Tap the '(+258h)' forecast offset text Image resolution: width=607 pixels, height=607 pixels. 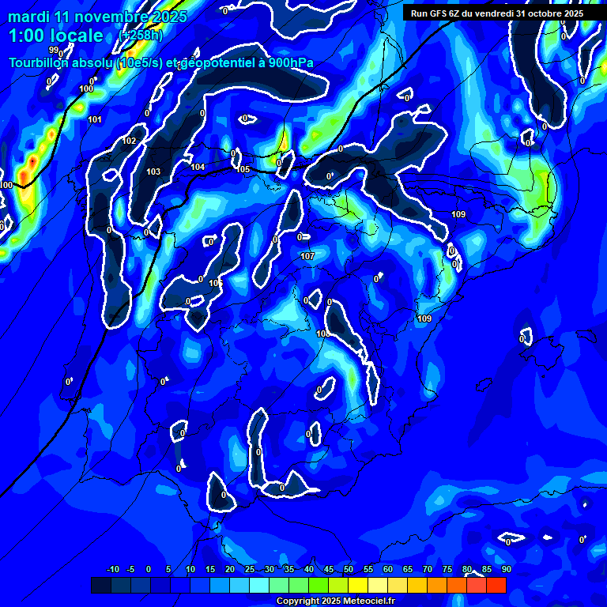(141, 35)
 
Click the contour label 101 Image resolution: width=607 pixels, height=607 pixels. (95, 119)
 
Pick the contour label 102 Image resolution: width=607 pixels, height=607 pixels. (130, 141)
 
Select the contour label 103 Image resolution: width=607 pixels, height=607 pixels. (153, 172)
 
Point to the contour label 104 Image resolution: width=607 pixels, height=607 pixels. (198, 167)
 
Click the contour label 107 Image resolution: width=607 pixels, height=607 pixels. (307, 256)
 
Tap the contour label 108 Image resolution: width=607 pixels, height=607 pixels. (322, 334)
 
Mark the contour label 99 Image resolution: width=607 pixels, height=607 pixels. (53, 72)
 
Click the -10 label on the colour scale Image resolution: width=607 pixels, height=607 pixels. (113, 569)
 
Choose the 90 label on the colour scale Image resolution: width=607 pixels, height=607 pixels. (507, 569)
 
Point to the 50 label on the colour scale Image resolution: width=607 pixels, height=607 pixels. (349, 569)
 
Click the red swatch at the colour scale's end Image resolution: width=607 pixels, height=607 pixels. (496, 585)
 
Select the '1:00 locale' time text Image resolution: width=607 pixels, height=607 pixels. (56, 36)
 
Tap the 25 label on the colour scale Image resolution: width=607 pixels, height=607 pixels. (250, 569)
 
